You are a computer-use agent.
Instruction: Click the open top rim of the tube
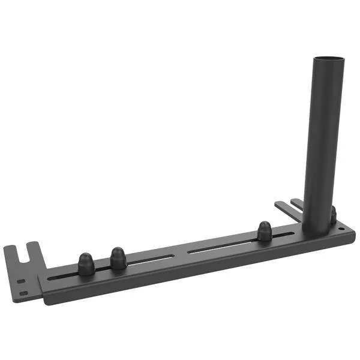point(329,58)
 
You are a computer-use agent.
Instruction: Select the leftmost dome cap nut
point(86,264)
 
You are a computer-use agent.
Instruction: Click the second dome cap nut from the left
point(118,258)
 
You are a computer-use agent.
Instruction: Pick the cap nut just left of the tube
point(265,231)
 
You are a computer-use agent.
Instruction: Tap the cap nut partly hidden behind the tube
point(334,215)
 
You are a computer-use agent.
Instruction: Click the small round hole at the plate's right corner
point(342,229)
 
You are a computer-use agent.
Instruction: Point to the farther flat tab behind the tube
point(296,203)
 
